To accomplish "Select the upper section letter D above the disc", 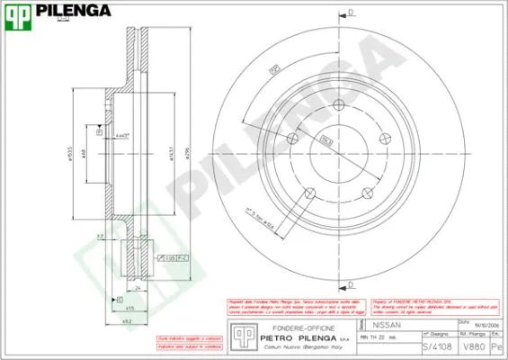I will click(x=351, y=13).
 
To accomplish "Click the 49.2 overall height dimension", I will click(x=127, y=319).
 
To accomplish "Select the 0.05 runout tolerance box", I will click(x=169, y=258).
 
